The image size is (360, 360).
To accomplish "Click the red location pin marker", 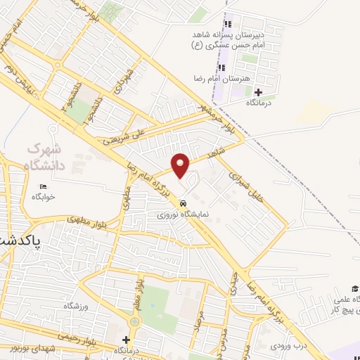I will [181, 165].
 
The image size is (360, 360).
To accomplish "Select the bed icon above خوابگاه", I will [43, 186].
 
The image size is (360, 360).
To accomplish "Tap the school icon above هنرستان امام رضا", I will [221, 68].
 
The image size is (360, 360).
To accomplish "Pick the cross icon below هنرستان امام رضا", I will [257, 92].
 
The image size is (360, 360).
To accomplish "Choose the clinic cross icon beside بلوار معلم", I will [126, 340].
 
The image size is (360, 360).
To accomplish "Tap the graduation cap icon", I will [356, 289].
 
